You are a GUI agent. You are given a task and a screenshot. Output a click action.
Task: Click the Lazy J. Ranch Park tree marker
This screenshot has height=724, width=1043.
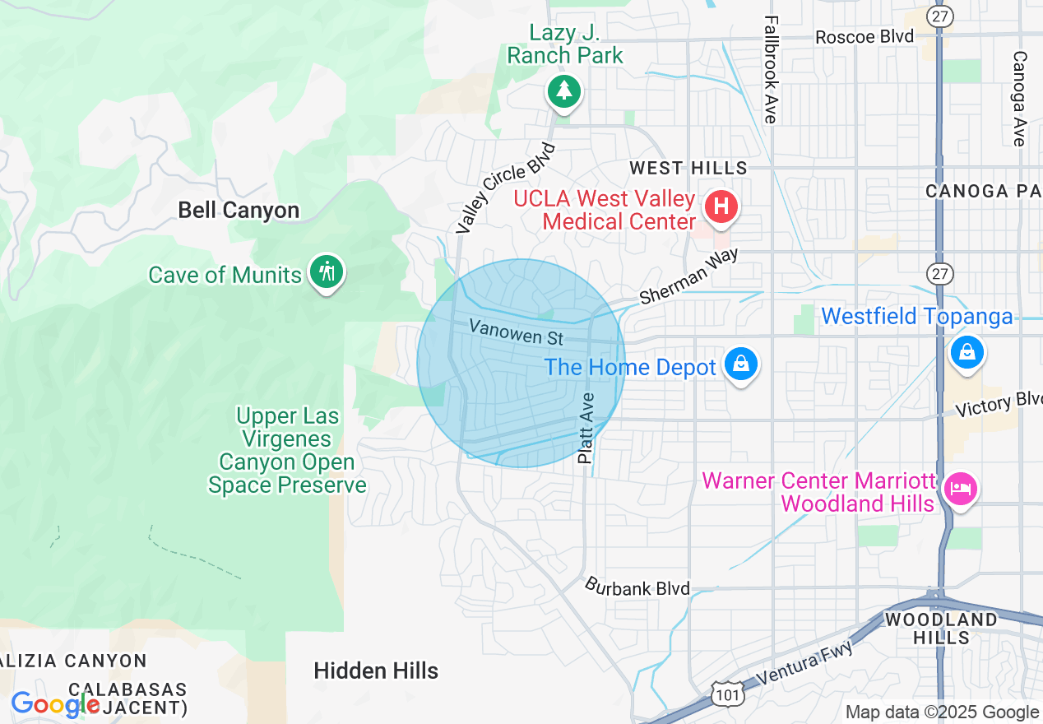coord(564,90)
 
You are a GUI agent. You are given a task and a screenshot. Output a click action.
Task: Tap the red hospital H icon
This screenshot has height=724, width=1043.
coord(721,205)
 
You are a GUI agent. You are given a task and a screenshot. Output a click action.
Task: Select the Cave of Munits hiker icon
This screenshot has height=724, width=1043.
coord(327,271)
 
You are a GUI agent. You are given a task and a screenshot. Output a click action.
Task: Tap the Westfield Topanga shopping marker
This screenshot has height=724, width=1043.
coord(967,352)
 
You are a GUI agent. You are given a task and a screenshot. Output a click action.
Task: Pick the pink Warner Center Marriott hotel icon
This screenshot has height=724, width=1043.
coord(960,489)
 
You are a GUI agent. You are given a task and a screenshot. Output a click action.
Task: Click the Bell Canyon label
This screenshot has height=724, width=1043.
coord(239,211)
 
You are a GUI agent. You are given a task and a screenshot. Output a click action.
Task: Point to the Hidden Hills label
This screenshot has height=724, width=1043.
coord(376,671)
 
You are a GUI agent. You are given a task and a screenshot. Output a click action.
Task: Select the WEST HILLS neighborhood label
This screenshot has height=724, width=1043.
coord(688,168)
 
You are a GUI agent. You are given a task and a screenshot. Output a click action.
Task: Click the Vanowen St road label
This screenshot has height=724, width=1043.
coord(517,332)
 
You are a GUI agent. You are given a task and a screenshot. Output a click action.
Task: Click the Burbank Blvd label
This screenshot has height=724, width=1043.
coord(637,587)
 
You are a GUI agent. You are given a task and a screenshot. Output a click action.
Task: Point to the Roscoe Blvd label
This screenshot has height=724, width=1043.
coord(865,37)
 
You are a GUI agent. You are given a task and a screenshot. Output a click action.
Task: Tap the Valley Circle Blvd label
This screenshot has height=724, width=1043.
coord(506,188)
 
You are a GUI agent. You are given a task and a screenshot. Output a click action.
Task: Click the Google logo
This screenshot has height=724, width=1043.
coord(56,705)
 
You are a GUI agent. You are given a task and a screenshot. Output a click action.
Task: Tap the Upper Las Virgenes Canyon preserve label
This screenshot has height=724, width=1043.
coord(287,451)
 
